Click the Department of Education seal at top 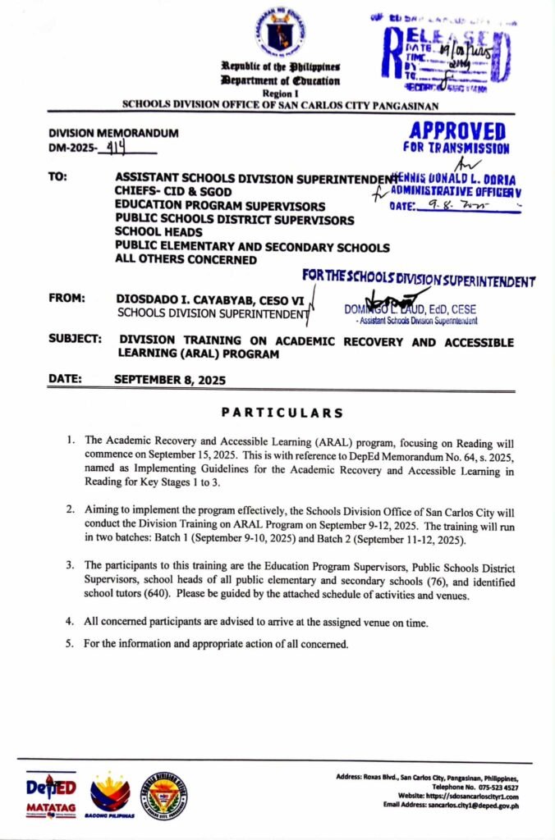pos(280,31)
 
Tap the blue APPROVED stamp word pos(456,130)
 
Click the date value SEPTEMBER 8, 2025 pos(169,380)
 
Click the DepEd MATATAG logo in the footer pos(51,795)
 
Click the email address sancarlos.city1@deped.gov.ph pos(467,806)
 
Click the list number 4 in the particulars pos(71,623)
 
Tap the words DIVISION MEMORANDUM pos(113,133)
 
